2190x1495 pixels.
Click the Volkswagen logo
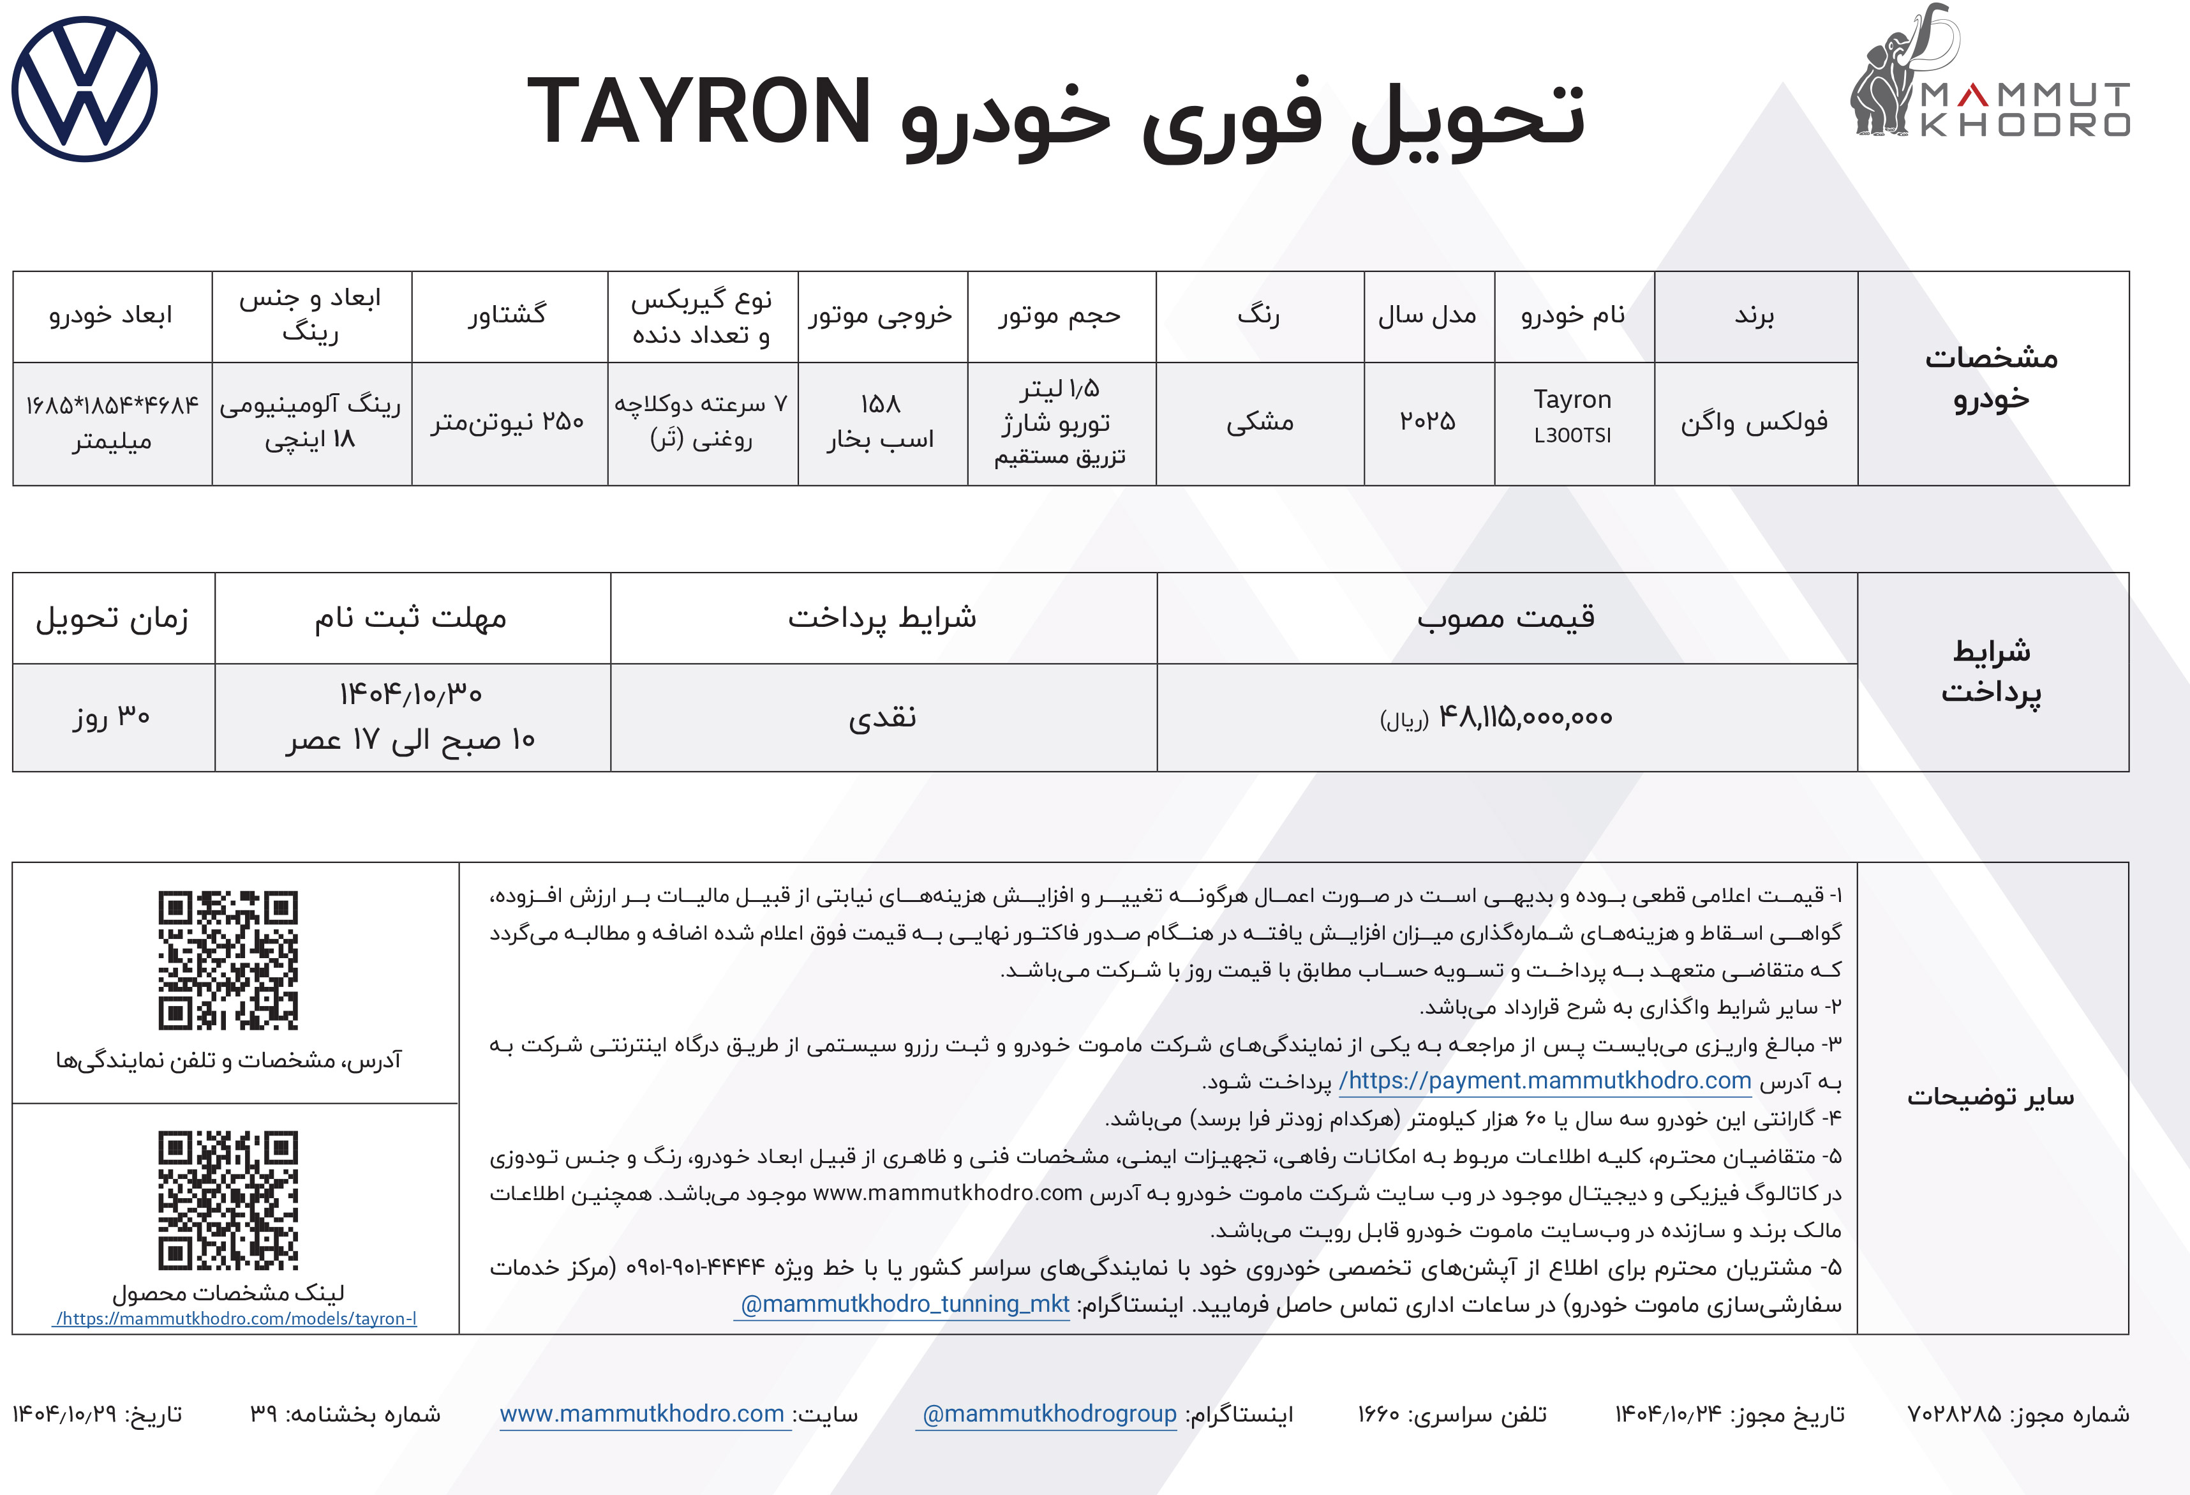coord(85,89)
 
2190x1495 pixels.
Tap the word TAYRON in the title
coord(699,112)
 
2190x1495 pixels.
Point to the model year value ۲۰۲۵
coord(1427,421)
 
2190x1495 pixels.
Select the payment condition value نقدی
coord(882,718)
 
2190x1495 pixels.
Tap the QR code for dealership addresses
coord(228,959)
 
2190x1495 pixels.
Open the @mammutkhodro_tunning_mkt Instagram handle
coord(904,1305)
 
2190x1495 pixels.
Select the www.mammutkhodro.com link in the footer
coord(643,1414)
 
